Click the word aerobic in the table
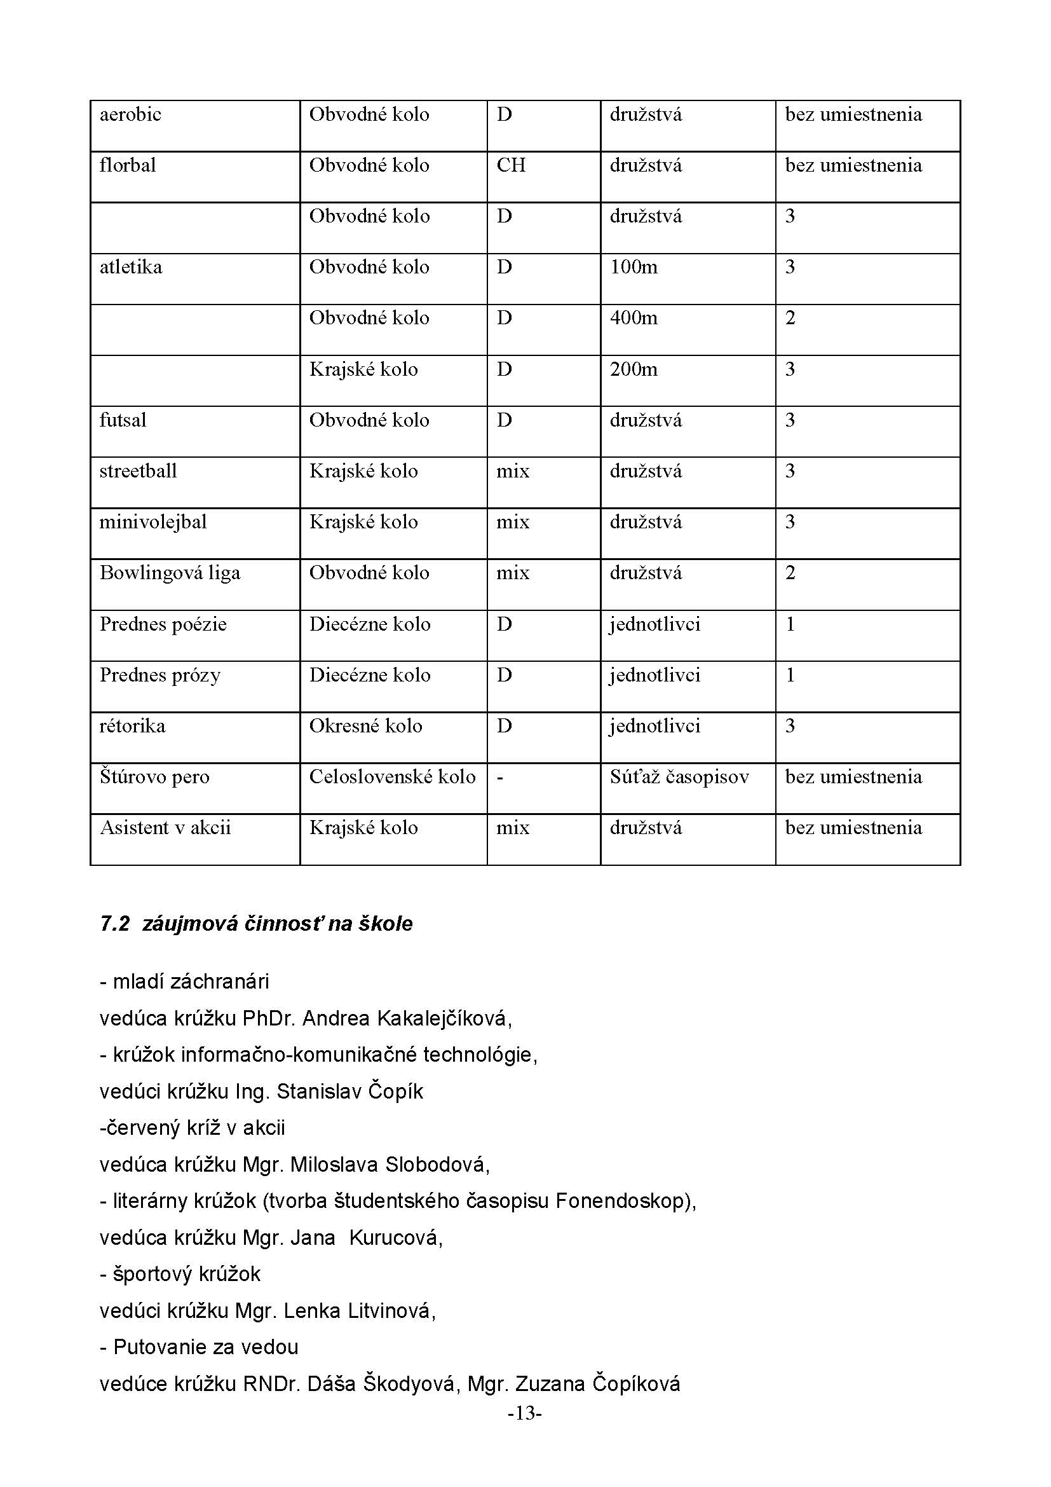coord(130,114)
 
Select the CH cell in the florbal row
coord(511,165)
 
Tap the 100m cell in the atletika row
coord(633,267)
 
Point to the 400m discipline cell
coord(633,318)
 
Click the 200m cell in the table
coord(633,369)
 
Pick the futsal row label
coord(123,420)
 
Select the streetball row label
coord(138,471)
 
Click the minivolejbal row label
coord(153,522)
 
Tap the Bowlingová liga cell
coord(170,573)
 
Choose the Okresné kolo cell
coord(365,726)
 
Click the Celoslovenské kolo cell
coord(392,776)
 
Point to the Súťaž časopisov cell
coord(679,776)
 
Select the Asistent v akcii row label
coord(165,828)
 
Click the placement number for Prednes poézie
coord(790,624)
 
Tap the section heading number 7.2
coord(115,924)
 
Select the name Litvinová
coord(391,1311)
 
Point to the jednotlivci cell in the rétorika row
coord(654,726)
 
